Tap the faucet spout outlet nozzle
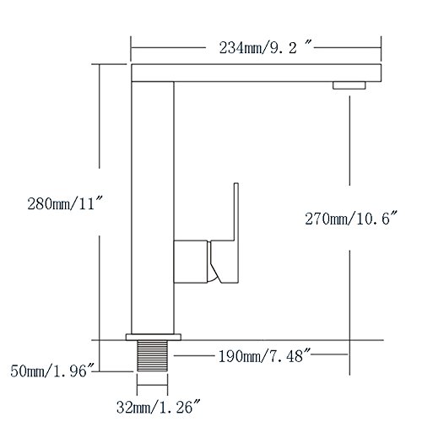pyautogui.click(x=349, y=85)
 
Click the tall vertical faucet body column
pyautogui.click(x=152, y=203)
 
